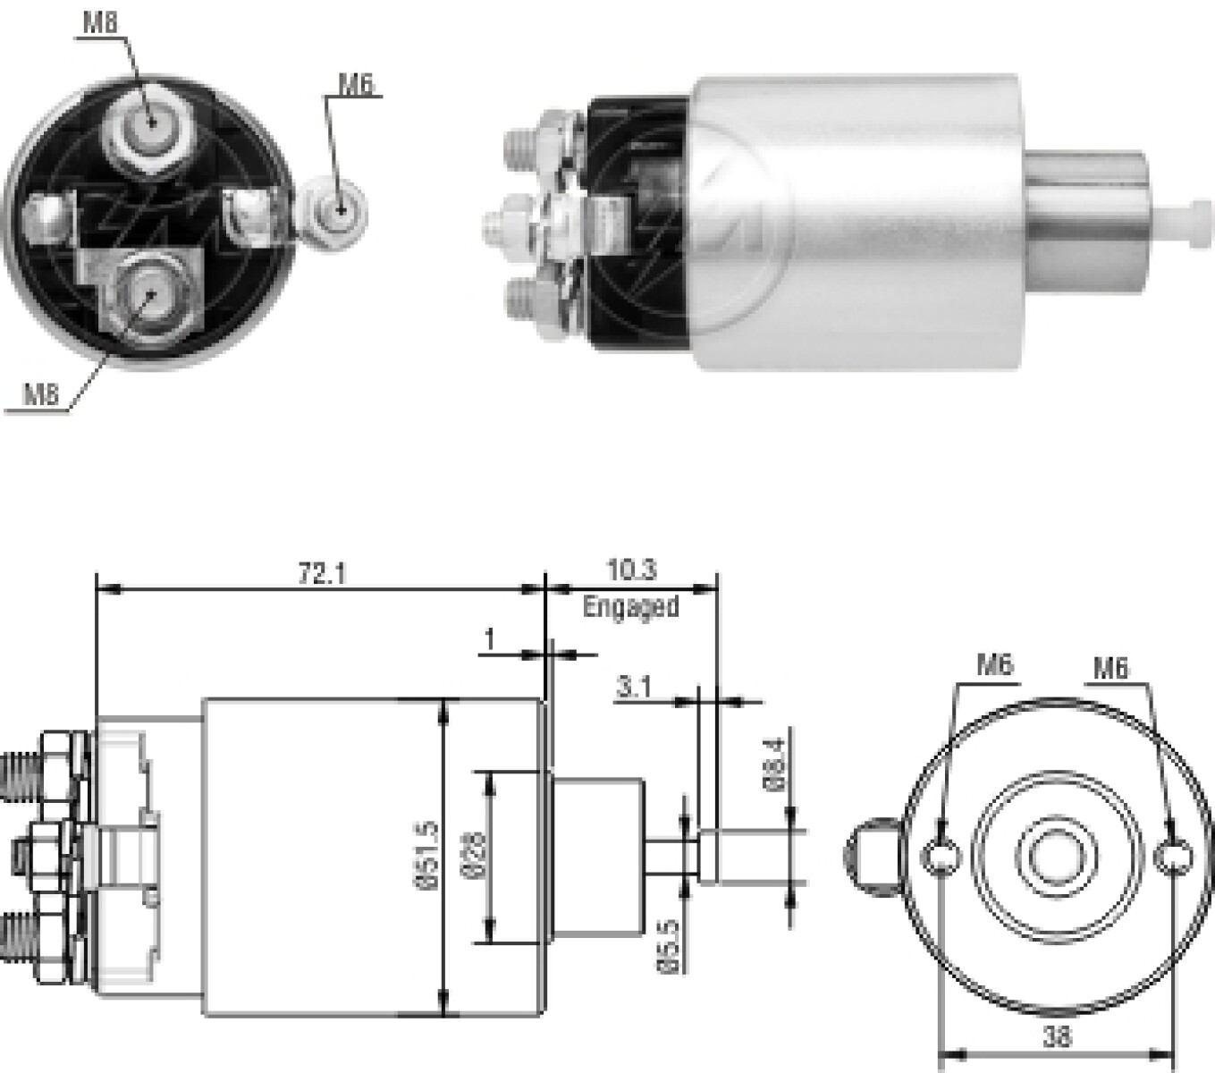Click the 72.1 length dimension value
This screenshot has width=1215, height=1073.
(323, 574)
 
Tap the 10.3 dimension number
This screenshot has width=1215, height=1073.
(631, 570)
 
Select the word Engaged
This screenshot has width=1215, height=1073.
(631, 606)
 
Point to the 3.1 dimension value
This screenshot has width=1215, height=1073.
(634, 688)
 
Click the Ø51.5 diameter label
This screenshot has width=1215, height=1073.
(427, 856)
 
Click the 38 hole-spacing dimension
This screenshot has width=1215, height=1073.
(1057, 1036)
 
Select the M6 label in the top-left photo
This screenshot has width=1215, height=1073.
(356, 85)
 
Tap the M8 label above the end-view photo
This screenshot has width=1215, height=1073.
(100, 22)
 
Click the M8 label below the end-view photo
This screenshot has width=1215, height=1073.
(41, 395)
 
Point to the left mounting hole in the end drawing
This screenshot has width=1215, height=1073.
(941, 857)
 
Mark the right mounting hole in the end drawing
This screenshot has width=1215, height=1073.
(1173, 858)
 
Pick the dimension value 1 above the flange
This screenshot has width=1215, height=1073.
(490, 639)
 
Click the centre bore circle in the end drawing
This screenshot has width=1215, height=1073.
(1056, 857)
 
